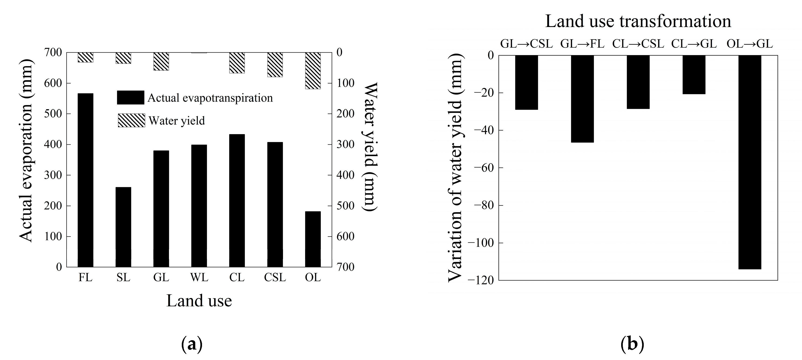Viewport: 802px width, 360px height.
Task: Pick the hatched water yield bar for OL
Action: [313, 71]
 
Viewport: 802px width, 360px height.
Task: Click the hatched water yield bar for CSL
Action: [275, 64]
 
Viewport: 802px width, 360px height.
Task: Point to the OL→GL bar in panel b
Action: [750, 162]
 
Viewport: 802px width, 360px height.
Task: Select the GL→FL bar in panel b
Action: [582, 99]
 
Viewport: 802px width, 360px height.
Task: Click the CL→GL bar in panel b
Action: [694, 75]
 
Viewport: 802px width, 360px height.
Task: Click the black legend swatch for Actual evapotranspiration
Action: [131, 97]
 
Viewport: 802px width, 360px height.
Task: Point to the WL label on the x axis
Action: [199, 277]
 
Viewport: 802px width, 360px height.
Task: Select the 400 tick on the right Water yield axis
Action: [345, 175]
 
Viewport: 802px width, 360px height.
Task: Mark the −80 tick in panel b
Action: [483, 205]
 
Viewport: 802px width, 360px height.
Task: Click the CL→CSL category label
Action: [638, 44]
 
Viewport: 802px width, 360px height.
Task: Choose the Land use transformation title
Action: [638, 21]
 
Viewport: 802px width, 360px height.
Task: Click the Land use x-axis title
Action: [199, 300]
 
